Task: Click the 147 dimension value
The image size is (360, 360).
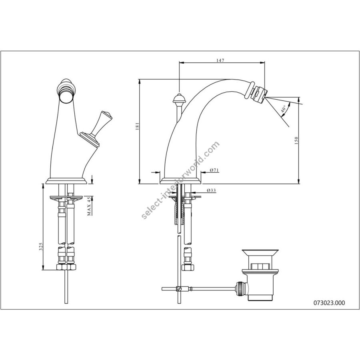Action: [x=220, y=60]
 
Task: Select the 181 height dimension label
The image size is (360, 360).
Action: [x=137, y=126]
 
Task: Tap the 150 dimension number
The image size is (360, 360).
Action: [x=296, y=140]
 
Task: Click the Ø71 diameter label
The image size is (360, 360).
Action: [x=214, y=170]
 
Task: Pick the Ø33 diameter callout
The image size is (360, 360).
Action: [x=211, y=190]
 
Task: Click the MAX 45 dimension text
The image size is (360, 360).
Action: [x=89, y=206]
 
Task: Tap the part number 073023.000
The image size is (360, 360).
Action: [x=329, y=303]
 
